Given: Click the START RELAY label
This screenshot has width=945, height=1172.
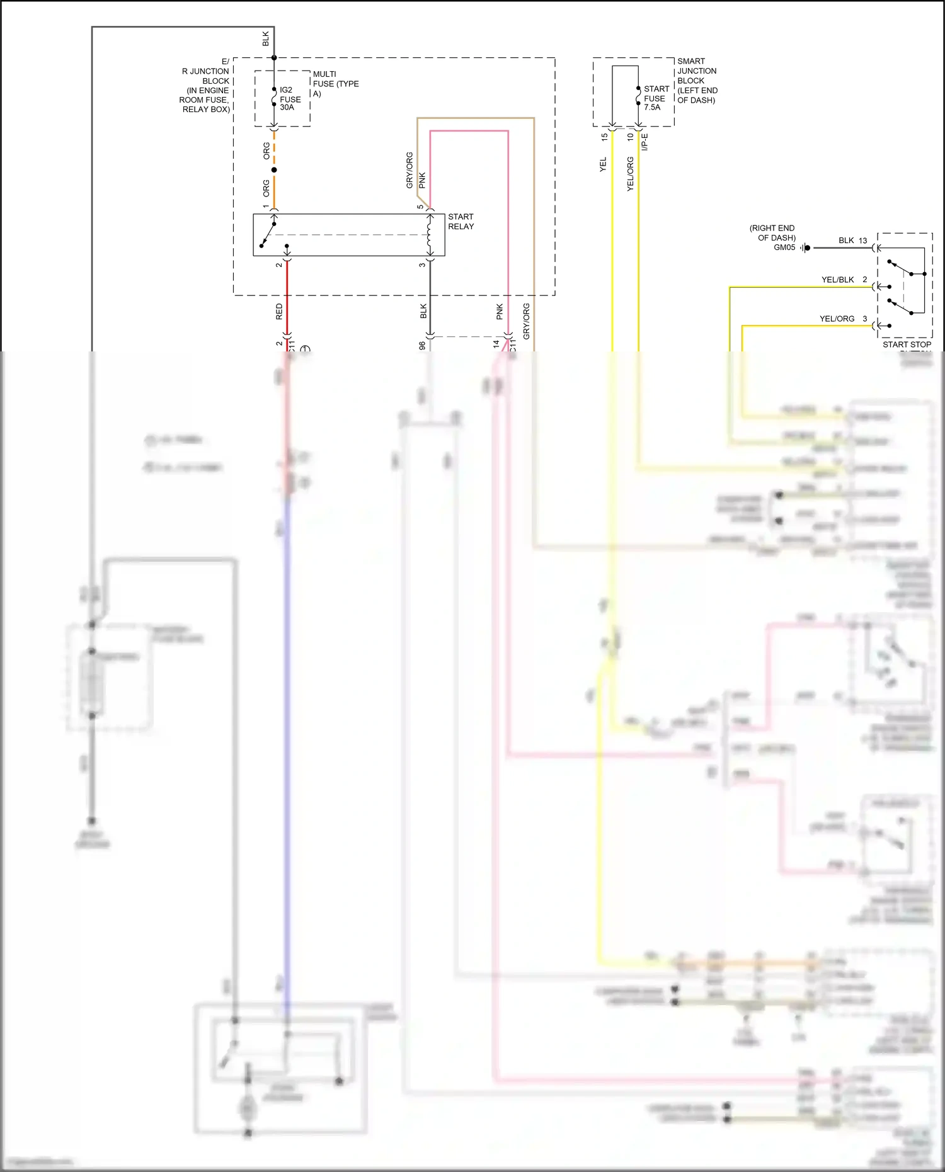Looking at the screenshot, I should point(461,222).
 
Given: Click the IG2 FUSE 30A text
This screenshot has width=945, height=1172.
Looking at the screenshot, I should point(290,99).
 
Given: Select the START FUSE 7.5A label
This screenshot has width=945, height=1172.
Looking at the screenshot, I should point(656,98).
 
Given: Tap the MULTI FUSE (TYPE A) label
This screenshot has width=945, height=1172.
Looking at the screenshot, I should point(335,84).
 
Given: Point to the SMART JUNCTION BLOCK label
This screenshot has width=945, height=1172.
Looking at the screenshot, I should point(697,81).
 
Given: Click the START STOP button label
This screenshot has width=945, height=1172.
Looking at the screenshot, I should point(907,344).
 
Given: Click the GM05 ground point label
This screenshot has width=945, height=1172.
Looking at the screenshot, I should point(784,247).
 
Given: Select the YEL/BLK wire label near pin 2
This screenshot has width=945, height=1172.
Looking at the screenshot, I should point(837,280).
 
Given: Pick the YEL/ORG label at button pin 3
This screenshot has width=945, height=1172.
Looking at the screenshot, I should point(837,319).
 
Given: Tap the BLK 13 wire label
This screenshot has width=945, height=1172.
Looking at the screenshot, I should point(852,241).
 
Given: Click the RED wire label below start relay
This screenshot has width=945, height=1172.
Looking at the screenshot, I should point(279,311).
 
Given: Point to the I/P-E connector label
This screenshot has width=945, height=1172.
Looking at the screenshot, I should point(644,142).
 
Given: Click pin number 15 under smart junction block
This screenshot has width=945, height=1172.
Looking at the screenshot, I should point(604,137).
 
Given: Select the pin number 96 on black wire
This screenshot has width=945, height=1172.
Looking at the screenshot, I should point(422,346).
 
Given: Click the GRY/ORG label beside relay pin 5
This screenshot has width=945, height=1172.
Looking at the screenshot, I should point(409,170).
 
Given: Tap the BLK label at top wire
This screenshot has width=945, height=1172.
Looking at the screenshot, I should point(266,39).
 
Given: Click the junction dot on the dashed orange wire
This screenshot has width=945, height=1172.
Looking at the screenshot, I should point(274,169).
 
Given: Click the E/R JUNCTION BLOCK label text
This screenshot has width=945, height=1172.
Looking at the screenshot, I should point(206,86).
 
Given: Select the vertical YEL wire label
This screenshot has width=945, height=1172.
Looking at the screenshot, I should point(603,165).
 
